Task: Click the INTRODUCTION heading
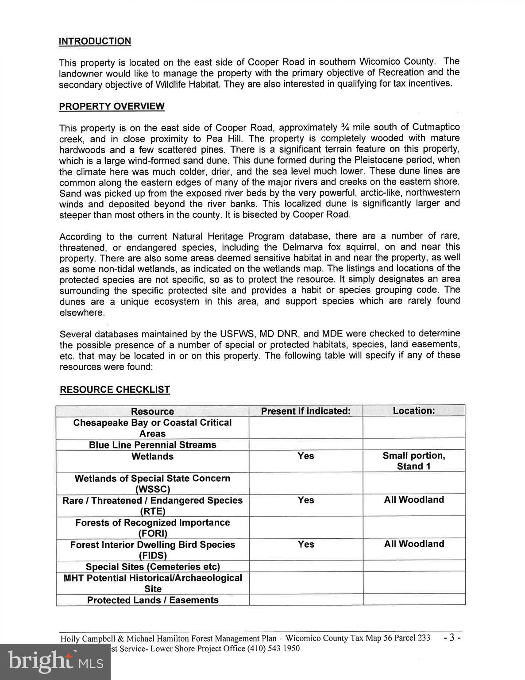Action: point(95,41)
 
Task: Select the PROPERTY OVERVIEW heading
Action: point(112,107)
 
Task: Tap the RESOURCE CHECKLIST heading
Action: point(115,390)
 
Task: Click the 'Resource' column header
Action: point(152,411)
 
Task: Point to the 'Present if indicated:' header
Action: point(305,411)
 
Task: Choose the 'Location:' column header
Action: point(414,411)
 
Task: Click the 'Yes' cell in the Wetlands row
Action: point(305,456)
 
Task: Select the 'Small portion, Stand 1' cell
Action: point(414,461)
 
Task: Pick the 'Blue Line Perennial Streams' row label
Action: point(152,445)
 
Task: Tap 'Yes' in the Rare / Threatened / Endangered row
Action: point(305,500)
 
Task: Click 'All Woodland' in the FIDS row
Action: point(414,544)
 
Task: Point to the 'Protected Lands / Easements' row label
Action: point(153,600)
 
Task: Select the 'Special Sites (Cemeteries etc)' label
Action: point(153,567)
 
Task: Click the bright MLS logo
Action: point(55,661)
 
